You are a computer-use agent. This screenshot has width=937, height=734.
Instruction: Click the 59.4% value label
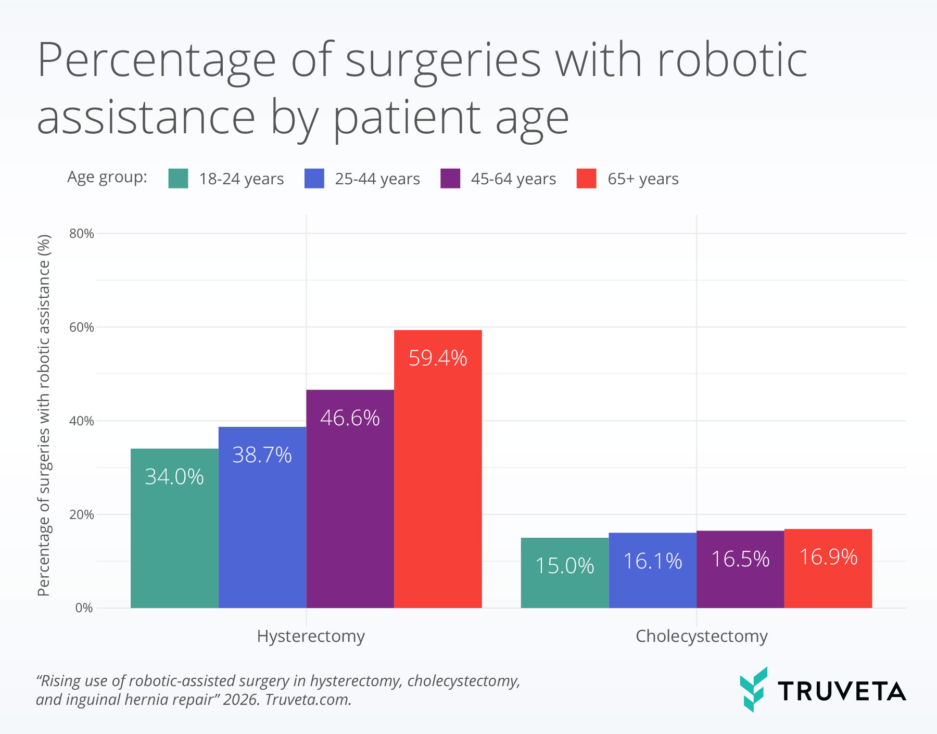point(438,358)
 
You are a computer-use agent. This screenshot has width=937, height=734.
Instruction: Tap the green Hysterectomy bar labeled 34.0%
point(174,541)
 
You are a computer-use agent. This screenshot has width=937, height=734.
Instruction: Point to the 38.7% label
point(262,455)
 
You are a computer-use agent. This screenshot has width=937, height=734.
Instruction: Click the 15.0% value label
point(564,566)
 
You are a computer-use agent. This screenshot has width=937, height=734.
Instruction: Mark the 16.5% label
point(740,559)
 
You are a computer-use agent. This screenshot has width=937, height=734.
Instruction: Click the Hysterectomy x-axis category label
point(311,636)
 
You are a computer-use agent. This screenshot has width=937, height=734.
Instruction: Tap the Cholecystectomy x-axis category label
point(701,636)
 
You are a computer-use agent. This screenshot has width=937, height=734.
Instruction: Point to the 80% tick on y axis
point(82,234)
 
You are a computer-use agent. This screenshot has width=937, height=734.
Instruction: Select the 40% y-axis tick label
point(82,421)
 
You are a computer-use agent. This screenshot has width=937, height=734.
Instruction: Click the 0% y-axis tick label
point(84,608)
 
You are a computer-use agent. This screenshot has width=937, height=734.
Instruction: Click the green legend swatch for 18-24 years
point(178,179)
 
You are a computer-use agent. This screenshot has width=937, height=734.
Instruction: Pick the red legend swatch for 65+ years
point(586,179)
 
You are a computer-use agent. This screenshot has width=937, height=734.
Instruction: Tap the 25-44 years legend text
point(377,179)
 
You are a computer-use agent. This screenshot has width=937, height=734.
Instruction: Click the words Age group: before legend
point(107,177)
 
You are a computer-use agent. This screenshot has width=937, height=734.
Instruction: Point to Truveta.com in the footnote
point(308,700)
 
